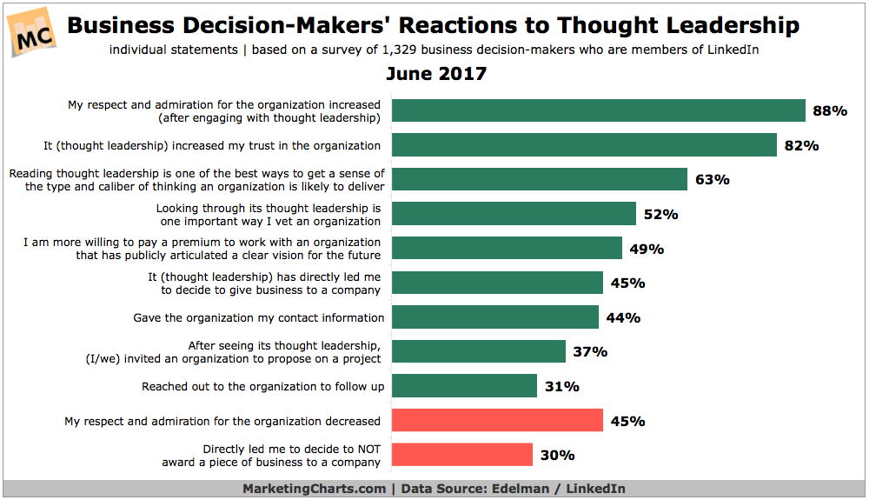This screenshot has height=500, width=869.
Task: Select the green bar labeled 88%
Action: tap(598, 110)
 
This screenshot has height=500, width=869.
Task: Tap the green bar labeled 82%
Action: tap(584, 145)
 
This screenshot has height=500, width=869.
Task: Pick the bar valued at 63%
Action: tap(540, 179)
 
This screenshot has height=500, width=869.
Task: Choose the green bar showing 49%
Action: tap(507, 248)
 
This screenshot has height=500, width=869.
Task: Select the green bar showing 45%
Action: tap(497, 283)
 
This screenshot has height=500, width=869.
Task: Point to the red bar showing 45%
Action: tap(497, 421)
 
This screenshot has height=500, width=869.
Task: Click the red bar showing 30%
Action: tap(462, 455)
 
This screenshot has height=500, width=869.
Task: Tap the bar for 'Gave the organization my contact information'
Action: tap(495, 317)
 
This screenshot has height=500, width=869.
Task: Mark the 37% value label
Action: tap(590, 352)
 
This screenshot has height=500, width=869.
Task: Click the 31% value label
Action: tap(561, 386)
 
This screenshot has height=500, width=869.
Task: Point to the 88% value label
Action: tap(829, 111)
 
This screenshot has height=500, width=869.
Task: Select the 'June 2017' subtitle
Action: tap(434, 73)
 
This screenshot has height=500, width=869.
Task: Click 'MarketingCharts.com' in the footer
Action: tap(314, 489)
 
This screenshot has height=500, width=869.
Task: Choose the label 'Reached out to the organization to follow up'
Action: tap(262, 386)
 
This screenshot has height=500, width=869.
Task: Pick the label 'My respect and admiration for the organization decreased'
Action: tap(222, 421)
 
